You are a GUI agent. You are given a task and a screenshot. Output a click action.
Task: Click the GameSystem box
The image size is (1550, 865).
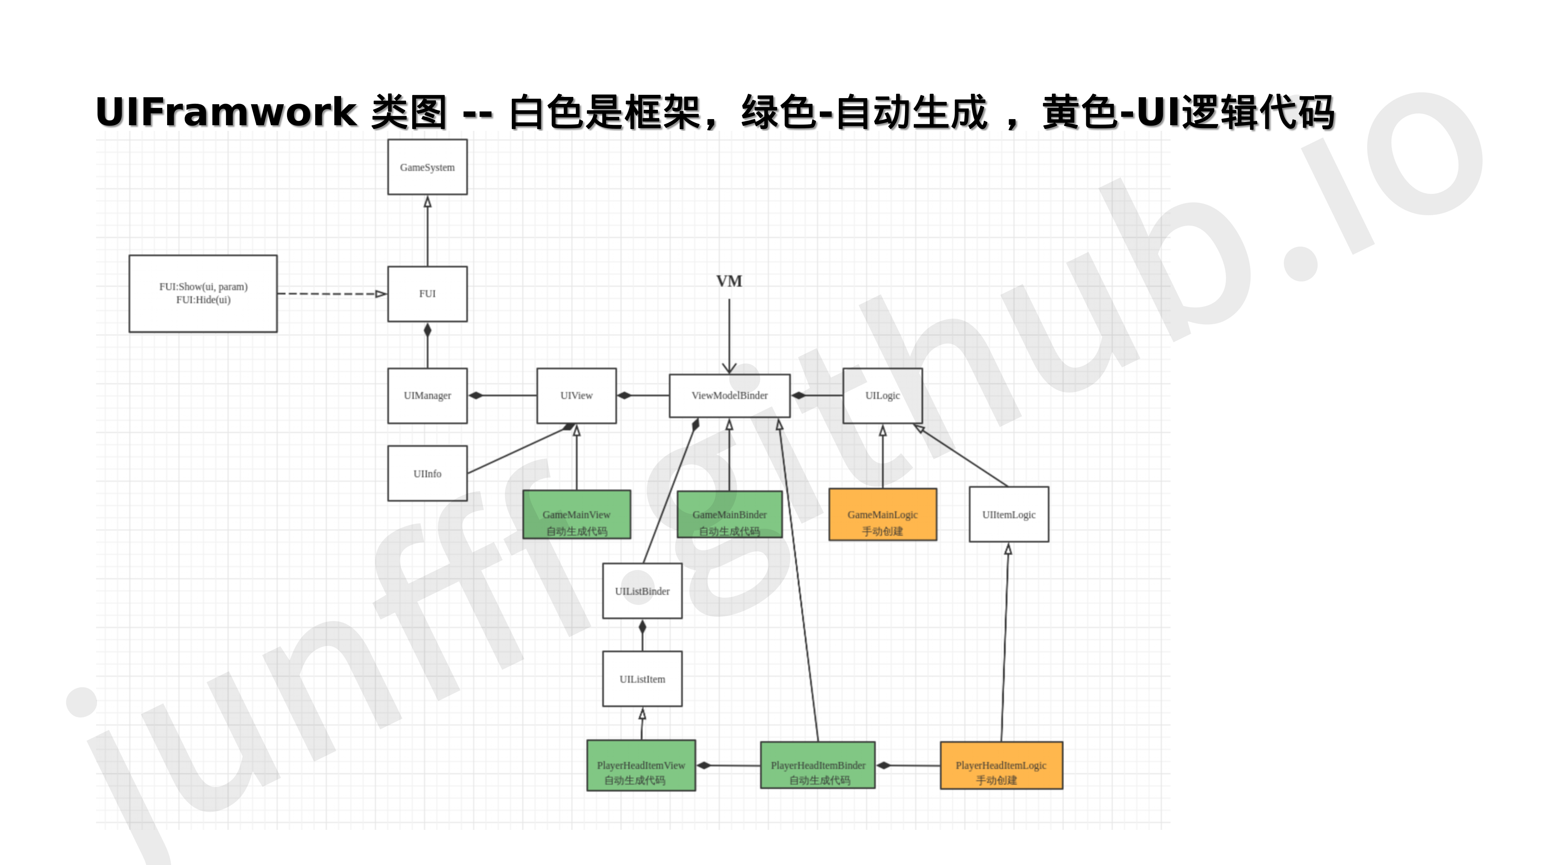coord(427,167)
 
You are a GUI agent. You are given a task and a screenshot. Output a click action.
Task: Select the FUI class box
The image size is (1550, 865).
coord(427,294)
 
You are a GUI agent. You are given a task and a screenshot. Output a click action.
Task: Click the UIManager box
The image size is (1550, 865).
coord(427,395)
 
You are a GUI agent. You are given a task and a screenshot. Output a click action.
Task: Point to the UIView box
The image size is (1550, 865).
coord(576,395)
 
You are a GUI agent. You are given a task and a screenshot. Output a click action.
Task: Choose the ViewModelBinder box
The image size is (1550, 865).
coord(729,395)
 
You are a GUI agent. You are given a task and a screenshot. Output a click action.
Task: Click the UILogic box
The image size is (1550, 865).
coord(882,395)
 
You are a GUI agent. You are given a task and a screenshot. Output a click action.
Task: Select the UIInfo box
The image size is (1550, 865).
coord(427,473)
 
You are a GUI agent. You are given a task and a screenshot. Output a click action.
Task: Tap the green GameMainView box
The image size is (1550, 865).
coord(576,514)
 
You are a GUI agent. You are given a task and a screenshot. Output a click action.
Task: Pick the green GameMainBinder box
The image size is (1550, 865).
coord(729,514)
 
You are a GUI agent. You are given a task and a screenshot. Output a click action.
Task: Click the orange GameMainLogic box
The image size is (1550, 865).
coord(882,514)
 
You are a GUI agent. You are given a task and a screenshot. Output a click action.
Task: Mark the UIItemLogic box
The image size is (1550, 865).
coord(1008,514)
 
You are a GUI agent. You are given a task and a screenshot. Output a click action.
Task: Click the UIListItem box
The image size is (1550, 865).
coord(642,678)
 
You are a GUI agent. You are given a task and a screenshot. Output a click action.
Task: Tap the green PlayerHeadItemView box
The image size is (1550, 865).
coord(641,765)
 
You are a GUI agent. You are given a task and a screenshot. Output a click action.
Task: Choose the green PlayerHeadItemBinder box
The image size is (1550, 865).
coord(818,765)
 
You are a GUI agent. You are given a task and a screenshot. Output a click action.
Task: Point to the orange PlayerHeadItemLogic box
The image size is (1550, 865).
coord(1001,765)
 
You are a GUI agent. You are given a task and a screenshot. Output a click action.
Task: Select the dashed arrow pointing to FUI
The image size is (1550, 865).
coord(331,294)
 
